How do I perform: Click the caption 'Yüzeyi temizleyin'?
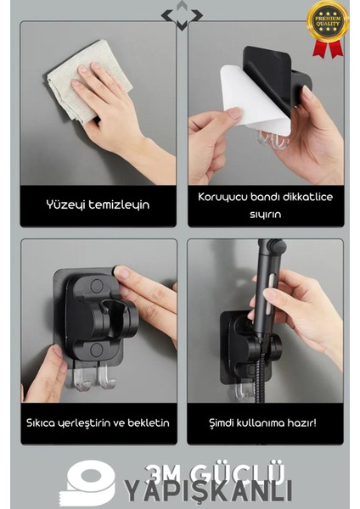(x=98, y=204)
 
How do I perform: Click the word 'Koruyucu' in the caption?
(x=222, y=197)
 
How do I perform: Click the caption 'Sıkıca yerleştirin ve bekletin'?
(x=97, y=422)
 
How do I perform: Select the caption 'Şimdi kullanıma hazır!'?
(x=266, y=422)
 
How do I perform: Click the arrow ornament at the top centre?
(x=182, y=14)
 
